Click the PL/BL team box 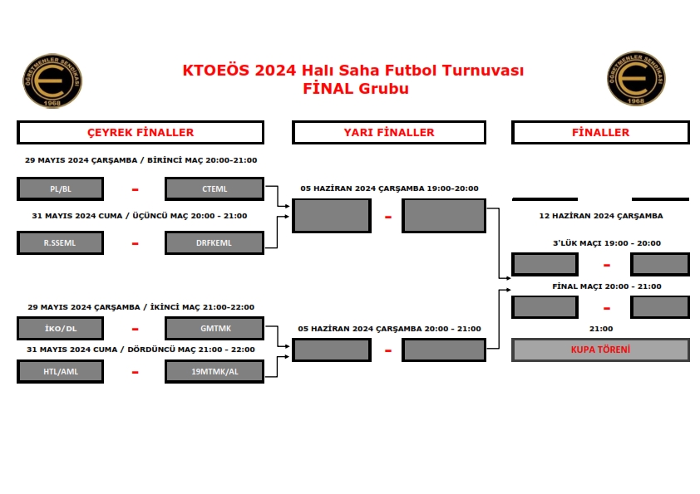point(60,188)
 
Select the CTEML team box point(214,188)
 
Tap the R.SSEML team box point(60,242)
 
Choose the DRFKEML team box point(214,242)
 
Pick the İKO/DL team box point(60,328)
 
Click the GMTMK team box point(214,328)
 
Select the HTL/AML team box point(60,371)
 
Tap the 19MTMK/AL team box point(214,371)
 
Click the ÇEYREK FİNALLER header point(140,132)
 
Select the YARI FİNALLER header point(389,132)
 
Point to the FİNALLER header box point(600,132)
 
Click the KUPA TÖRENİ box point(600,350)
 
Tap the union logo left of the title point(52,81)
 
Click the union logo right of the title point(636,79)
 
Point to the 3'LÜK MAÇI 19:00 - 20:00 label point(607,243)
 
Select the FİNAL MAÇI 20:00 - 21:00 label point(607,286)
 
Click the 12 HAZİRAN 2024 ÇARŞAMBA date point(601,216)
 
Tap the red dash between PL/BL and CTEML point(135,189)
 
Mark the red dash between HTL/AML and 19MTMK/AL point(135,372)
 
